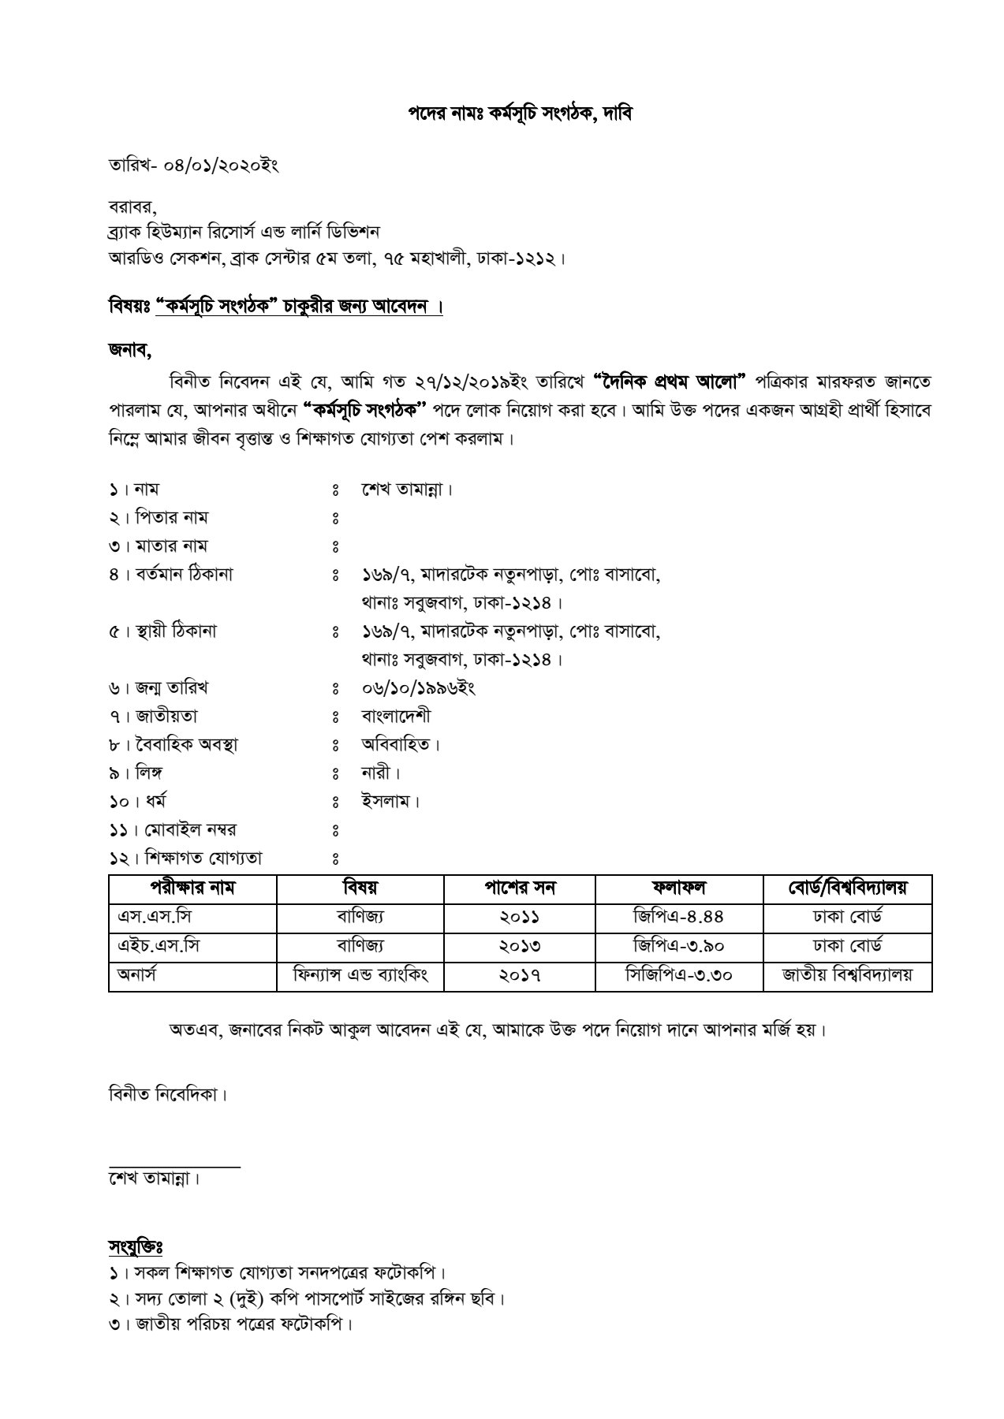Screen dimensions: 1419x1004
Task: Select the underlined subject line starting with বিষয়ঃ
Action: (x=275, y=307)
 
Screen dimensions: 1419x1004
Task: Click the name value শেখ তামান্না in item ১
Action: (x=407, y=490)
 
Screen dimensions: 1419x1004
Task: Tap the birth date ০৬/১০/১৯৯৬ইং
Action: (x=418, y=688)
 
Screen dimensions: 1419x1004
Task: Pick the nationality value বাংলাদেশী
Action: (x=396, y=717)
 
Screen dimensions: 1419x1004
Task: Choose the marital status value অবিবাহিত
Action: (x=400, y=745)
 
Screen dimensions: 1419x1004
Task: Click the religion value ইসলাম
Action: (x=390, y=802)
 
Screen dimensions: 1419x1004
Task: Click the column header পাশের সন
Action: (x=520, y=888)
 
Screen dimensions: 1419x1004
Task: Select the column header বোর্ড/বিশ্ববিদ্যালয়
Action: (x=848, y=888)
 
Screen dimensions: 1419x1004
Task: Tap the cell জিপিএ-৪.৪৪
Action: (x=678, y=917)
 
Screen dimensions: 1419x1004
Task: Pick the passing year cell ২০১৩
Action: (x=520, y=946)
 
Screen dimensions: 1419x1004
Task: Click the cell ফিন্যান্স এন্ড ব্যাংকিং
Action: (x=360, y=975)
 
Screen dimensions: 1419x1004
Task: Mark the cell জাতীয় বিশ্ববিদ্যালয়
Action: (x=848, y=975)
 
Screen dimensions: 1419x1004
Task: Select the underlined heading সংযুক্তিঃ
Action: (x=135, y=1246)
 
